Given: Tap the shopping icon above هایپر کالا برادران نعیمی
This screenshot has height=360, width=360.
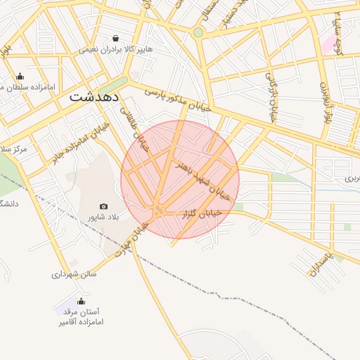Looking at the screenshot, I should [x=116, y=38].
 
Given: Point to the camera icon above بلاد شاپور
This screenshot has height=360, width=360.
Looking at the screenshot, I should [x=104, y=206].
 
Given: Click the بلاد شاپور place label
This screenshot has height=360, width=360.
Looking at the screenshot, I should [x=103, y=218].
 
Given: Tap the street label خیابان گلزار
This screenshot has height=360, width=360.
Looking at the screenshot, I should [x=204, y=212].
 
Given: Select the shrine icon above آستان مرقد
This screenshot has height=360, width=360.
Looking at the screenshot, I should [x=80, y=301].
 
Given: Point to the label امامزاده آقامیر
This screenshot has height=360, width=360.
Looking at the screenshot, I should [x=80, y=322].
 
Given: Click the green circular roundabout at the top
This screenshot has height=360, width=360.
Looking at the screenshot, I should [x=198, y=32].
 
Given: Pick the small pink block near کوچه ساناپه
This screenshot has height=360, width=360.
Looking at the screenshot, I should [x=329, y=44].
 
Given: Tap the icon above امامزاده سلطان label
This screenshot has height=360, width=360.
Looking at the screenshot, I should [x=20, y=77].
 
